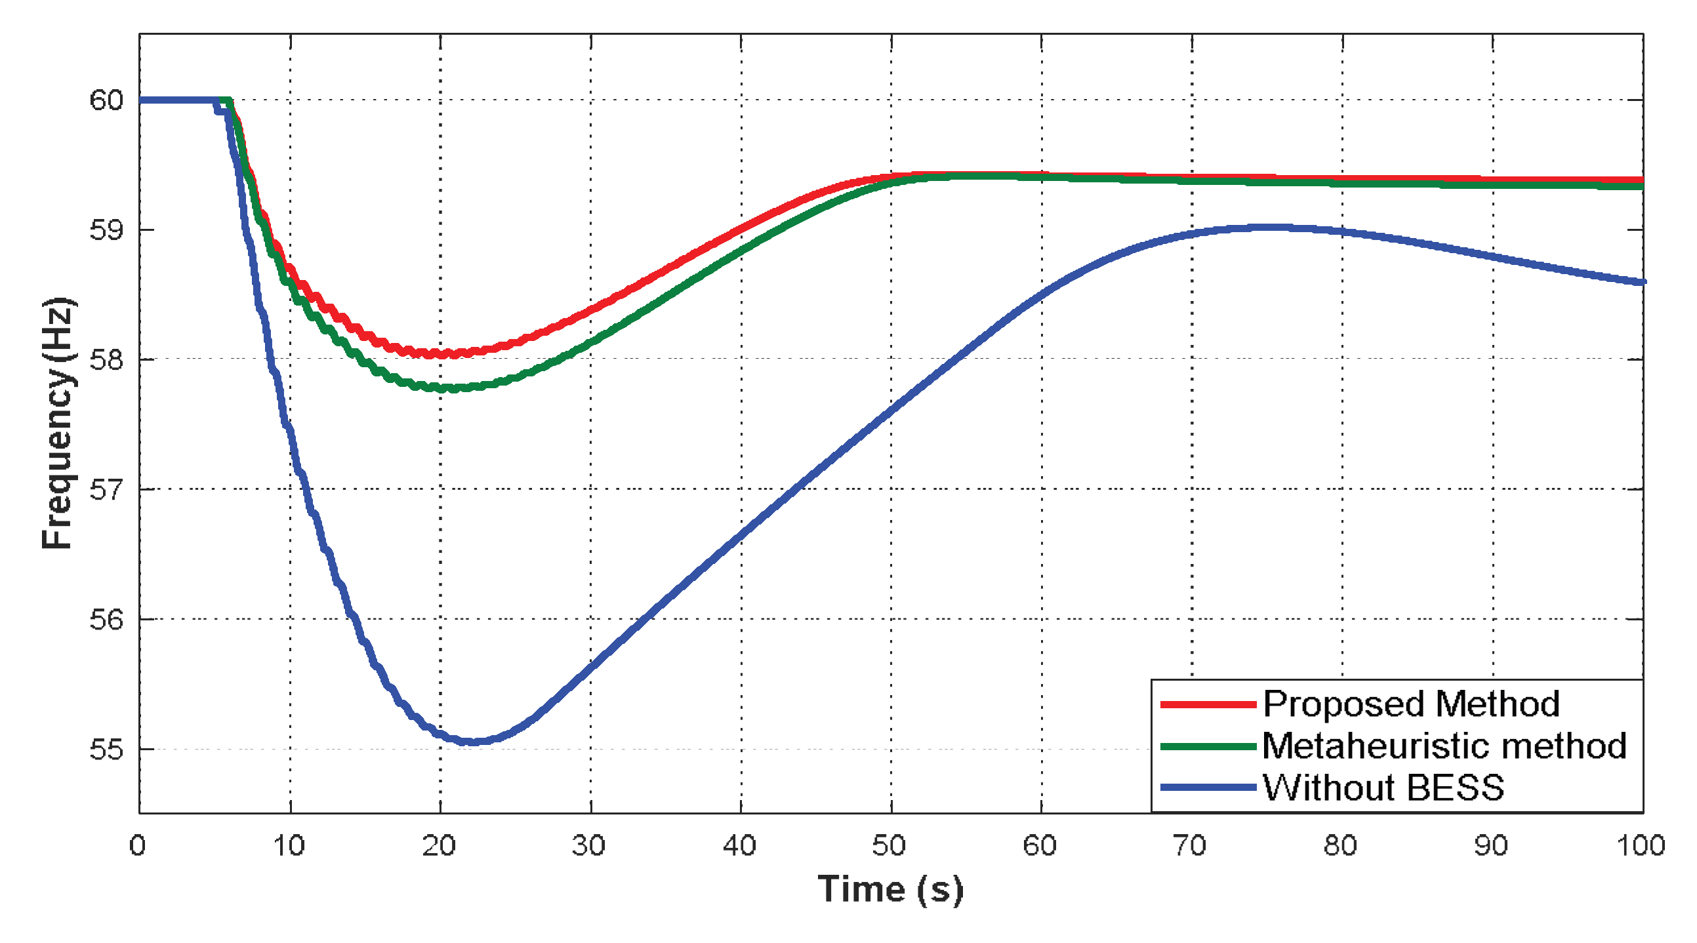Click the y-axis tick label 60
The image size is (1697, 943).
(x=106, y=100)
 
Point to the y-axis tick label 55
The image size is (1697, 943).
(x=106, y=750)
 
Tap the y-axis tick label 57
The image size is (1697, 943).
(x=106, y=490)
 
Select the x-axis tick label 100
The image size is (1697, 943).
(x=1641, y=845)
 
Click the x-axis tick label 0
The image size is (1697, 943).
(x=137, y=845)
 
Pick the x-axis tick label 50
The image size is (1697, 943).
(x=889, y=845)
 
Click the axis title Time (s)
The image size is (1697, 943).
(x=890, y=891)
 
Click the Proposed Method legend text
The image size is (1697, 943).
(x=1411, y=704)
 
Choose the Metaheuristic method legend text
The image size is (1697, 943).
(x=1444, y=746)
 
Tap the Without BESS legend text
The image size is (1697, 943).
(x=1383, y=788)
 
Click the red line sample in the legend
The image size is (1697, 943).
(x=1208, y=704)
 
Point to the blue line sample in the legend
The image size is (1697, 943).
(x=1208, y=788)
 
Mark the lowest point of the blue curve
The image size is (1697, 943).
(x=473, y=742)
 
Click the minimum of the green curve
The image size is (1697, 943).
(x=448, y=388)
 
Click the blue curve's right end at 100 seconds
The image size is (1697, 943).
(x=1642, y=282)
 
